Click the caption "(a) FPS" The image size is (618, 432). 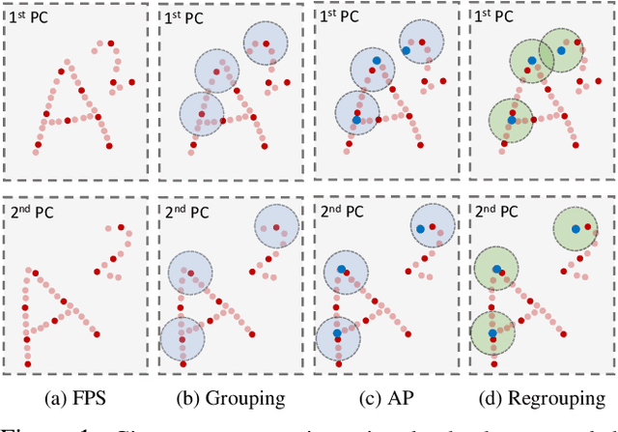[x=74, y=396]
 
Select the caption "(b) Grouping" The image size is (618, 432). [x=230, y=396]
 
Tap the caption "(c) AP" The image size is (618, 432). [x=387, y=396]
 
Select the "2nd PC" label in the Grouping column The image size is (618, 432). [x=184, y=212]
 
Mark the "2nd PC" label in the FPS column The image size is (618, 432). [x=30, y=212]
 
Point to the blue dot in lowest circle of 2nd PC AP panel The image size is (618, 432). [x=336, y=332]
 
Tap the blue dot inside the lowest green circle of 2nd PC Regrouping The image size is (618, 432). [x=492, y=332]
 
